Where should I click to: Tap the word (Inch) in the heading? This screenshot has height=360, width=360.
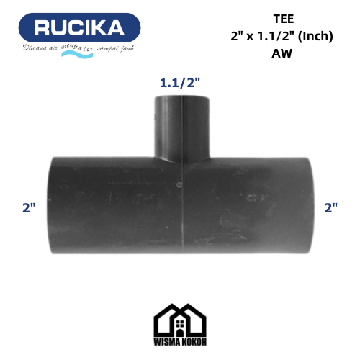[313, 36]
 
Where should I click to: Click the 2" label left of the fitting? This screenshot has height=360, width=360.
[29, 208]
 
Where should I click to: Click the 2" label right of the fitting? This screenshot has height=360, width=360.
[330, 208]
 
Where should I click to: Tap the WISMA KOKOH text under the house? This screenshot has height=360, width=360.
[179, 341]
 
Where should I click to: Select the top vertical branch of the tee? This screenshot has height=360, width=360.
[182, 126]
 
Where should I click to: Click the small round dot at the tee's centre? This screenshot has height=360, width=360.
[179, 186]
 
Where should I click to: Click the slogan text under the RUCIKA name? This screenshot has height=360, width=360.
[79, 48]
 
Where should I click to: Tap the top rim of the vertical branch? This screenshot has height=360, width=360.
[182, 98]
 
